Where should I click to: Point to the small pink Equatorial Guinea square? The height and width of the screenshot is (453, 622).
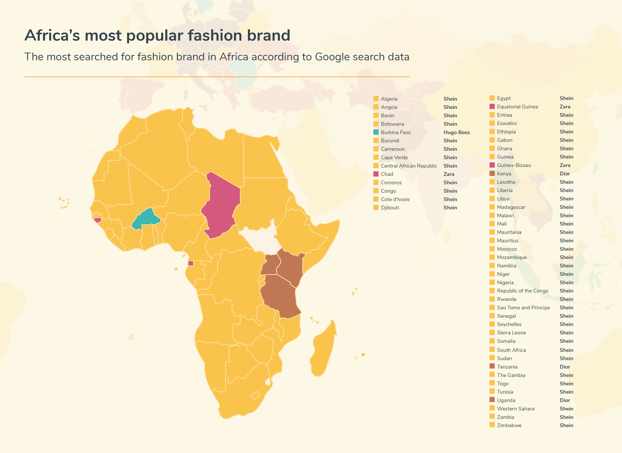coord(190,263)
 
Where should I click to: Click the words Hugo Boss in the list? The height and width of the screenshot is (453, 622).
coord(456,133)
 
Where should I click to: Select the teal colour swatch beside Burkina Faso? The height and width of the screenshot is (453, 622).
coord(376,132)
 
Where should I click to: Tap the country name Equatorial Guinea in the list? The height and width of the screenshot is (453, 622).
coord(517,107)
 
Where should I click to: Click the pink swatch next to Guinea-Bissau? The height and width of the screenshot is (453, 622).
coord(492,165)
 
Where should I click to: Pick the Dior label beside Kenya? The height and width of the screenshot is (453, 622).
coord(565,174)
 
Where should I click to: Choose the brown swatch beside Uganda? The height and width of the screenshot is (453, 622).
coord(492,400)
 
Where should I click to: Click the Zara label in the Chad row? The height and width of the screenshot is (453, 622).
coord(449,174)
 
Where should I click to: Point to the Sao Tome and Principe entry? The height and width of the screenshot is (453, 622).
coord(523,308)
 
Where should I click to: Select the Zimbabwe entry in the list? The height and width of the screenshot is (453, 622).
coord(509,425)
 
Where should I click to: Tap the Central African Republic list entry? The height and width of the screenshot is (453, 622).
coord(409,166)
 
